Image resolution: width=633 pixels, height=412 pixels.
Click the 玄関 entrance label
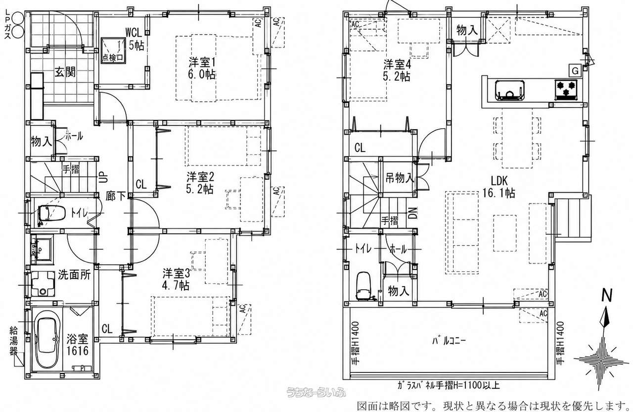click(65, 72)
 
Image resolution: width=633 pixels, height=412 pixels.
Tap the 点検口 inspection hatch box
click(113, 51)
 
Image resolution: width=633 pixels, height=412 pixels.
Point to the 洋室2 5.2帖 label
click(200, 183)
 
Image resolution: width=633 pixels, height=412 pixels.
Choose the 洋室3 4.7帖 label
click(176, 279)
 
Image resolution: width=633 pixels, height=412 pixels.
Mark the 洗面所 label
click(74, 275)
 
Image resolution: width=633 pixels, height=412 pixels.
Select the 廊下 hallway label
click(116, 196)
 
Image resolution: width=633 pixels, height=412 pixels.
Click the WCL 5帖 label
click(135, 39)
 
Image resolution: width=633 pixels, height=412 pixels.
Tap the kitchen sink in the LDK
click(509, 90)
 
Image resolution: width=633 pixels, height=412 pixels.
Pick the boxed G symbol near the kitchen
click(575, 71)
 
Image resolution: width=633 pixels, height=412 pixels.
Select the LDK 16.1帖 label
click(499, 187)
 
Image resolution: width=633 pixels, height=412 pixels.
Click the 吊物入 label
click(400, 178)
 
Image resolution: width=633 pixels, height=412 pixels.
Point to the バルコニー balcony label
click(449, 341)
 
